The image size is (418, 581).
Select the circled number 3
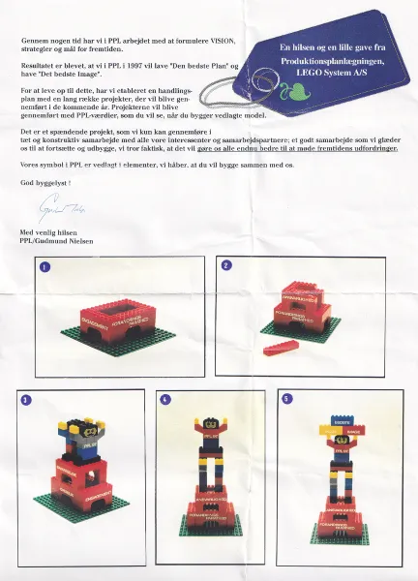[x=26, y=399]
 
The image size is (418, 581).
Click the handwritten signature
[x=57, y=209]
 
